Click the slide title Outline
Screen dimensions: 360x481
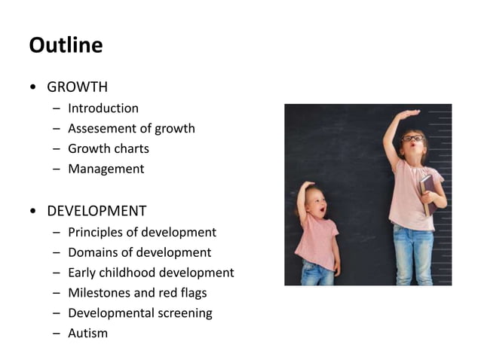pos(66,45)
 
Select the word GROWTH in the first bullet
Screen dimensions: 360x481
pos(77,87)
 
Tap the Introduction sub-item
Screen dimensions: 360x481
pos(103,108)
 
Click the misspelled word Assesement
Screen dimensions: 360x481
pos(100,128)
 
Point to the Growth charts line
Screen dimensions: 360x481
pos(109,148)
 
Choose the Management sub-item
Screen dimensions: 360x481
pos(106,169)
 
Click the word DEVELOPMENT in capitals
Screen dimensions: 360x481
pos(97,211)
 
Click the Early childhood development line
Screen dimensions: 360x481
pos(151,273)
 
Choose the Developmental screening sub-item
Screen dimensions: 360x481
pos(140,313)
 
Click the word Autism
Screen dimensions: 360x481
pos(87,333)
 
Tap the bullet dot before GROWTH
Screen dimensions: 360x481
pos(32,87)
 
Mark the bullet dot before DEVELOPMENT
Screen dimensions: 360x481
pos(32,211)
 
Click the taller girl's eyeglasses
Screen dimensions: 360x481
pos(412,139)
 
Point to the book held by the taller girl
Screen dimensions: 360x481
pos(427,188)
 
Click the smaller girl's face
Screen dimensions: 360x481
pos(317,203)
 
